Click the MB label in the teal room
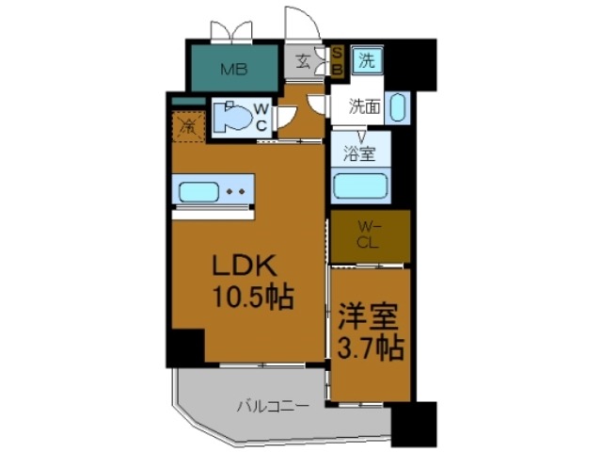(x=232, y=68)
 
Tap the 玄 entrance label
(x=304, y=63)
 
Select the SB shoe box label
(x=338, y=64)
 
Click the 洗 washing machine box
(x=366, y=62)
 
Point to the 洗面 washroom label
(x=366, y=105)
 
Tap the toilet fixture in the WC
(x=231, y=120)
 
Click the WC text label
(x=263, y=119)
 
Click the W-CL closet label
(x=370, y=235)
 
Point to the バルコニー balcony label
(x=271, y=407)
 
